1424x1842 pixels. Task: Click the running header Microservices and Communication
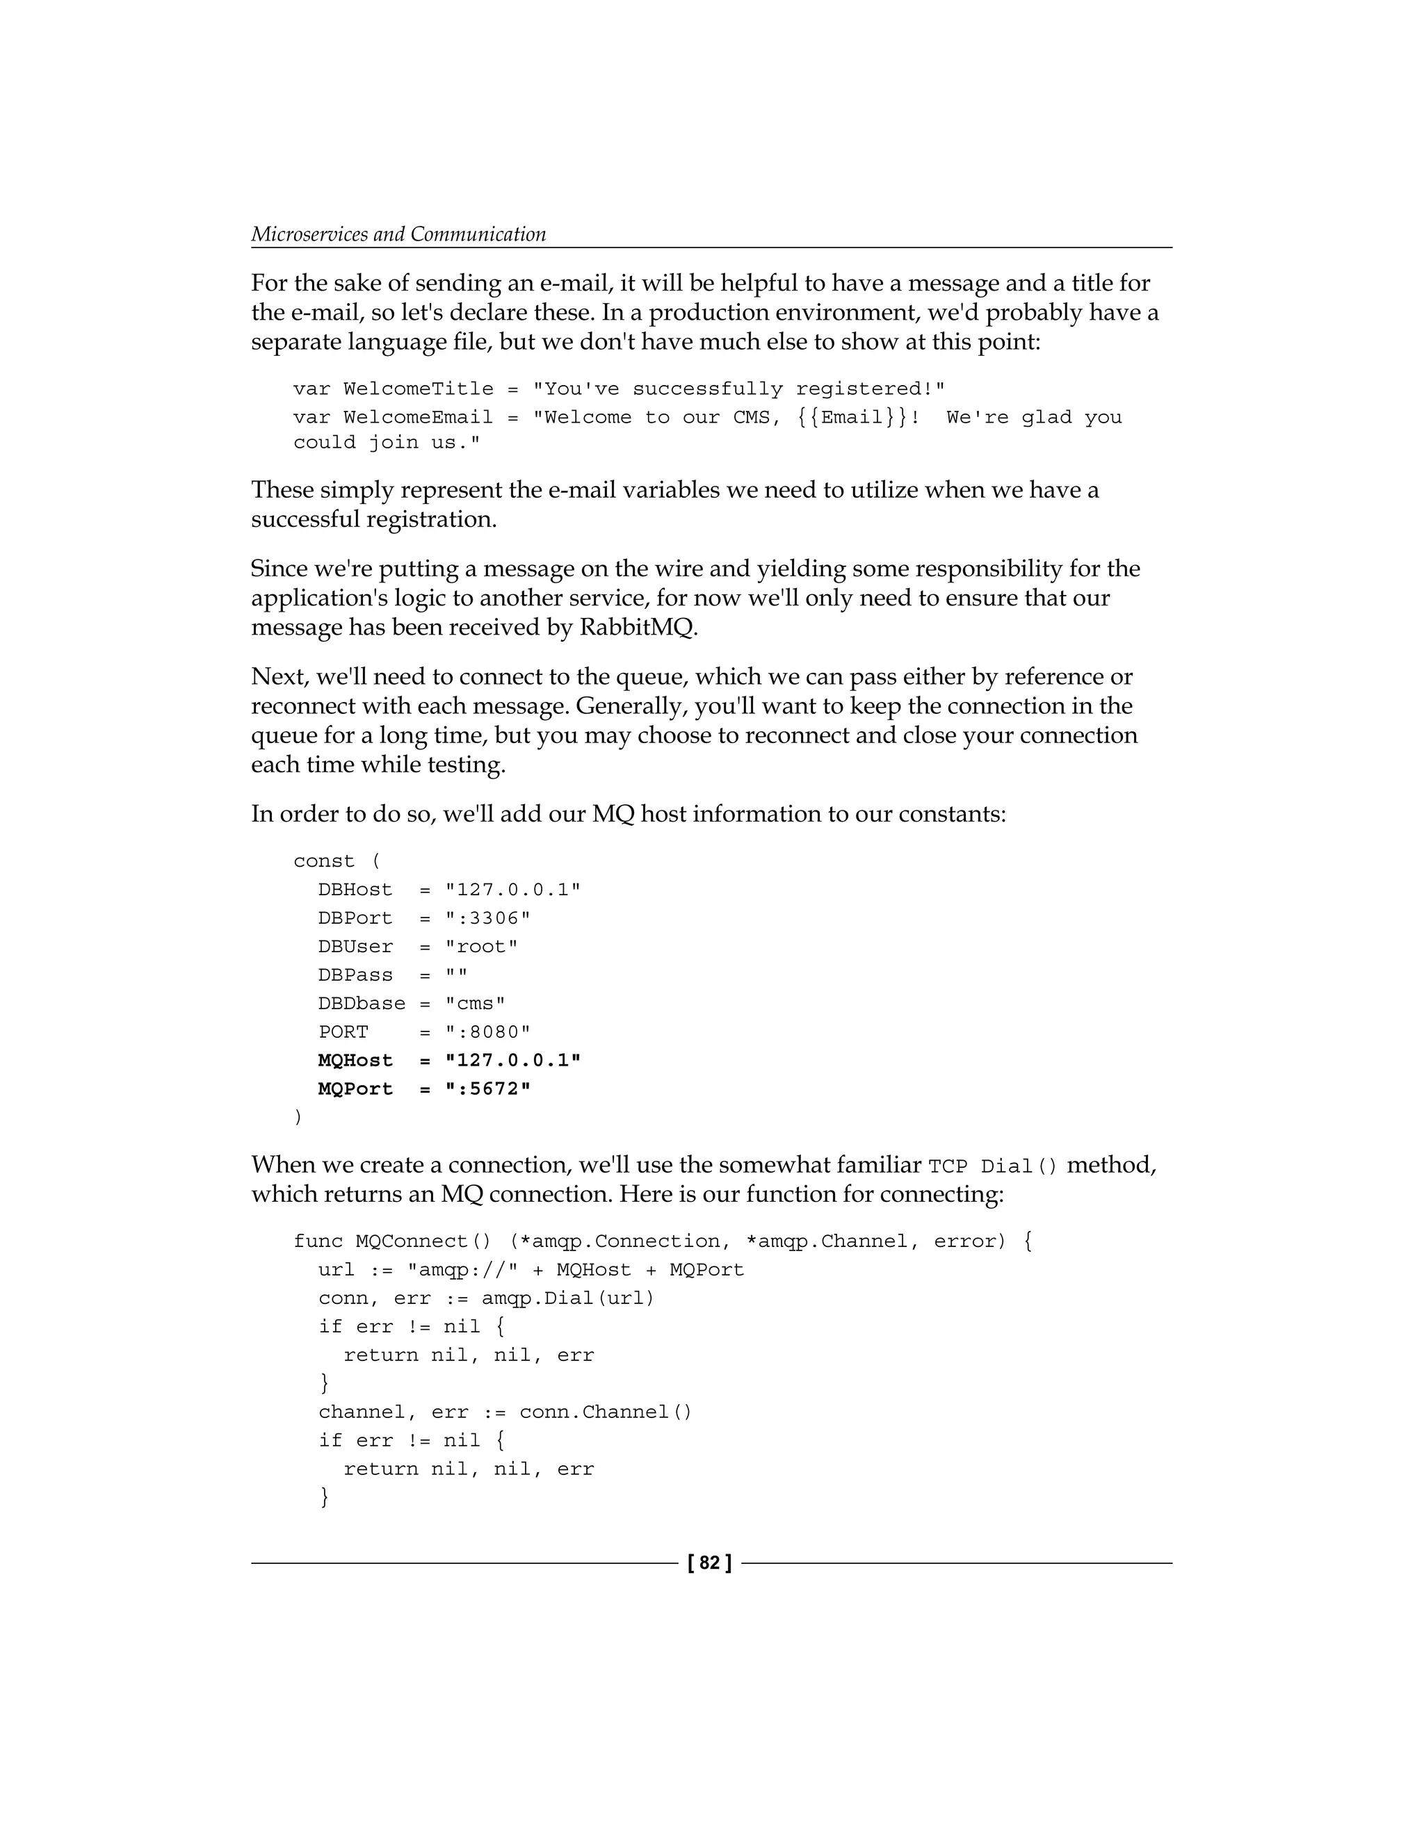(398, 234)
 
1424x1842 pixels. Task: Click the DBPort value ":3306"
(487, 918)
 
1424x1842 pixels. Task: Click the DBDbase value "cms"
(475, 1004)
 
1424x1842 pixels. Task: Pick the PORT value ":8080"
(487, 1032)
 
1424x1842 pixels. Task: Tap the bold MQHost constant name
(355, 1060)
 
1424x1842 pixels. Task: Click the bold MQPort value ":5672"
(487, 1089)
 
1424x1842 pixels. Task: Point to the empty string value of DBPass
(455, 975)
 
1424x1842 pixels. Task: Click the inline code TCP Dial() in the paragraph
(992, 1167)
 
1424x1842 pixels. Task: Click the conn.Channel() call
(605, 1412)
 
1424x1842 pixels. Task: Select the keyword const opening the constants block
(324, 861)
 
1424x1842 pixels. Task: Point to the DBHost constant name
(355, 890)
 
